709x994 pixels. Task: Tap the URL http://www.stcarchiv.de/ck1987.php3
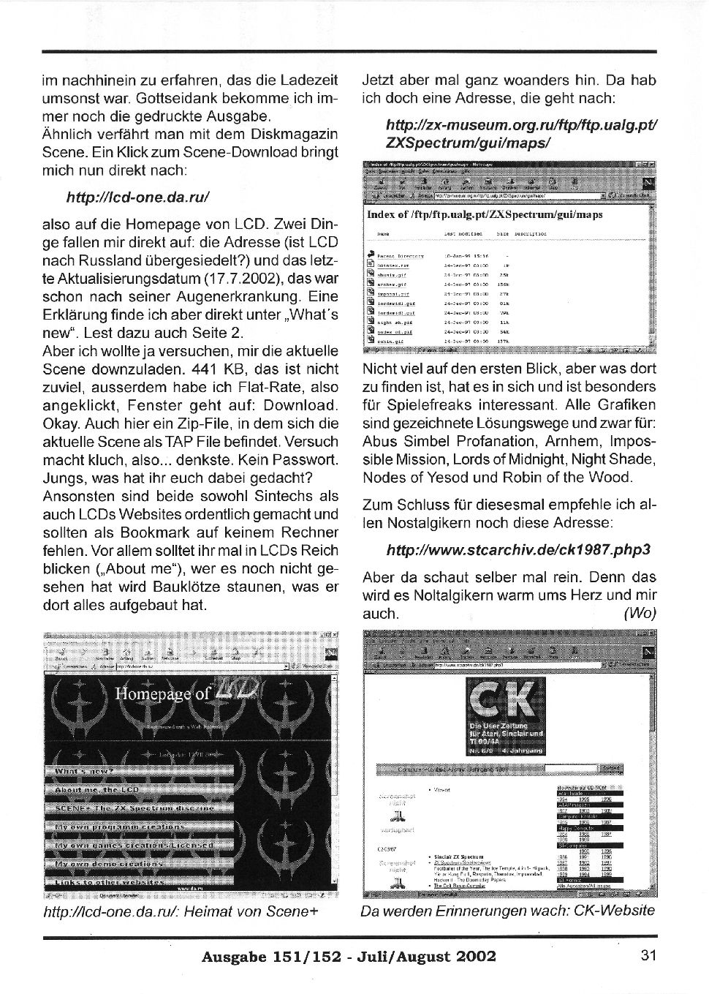518,549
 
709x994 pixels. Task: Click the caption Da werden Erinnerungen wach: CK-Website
508,911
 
